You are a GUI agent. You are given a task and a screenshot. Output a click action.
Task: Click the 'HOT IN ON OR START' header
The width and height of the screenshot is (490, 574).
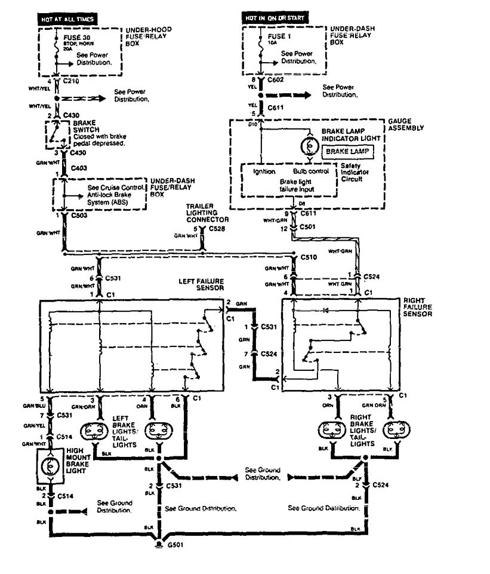275,18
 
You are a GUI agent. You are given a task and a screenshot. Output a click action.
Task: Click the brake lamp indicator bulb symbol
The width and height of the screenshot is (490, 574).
310,146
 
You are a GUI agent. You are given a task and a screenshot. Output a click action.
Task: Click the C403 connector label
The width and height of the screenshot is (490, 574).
78,168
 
